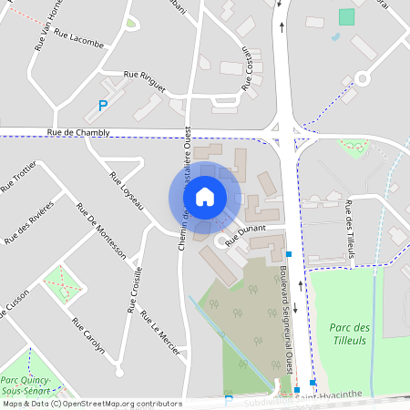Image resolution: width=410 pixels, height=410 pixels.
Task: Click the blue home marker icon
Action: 205,196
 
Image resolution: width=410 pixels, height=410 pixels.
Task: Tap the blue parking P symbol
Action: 103,107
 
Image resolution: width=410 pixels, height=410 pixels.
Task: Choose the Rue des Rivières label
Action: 30,221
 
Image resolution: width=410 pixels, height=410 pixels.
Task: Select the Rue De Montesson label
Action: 107,240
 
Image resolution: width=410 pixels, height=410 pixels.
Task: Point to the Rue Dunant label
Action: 243,235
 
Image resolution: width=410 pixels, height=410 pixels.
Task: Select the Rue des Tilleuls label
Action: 350,230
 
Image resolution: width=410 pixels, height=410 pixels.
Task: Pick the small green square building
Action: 346,16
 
